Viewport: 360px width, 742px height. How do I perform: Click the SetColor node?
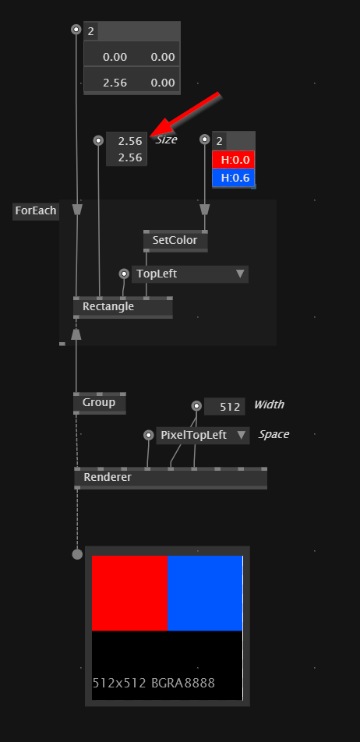(175, 241)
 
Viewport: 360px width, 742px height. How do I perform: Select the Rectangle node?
(123, 307)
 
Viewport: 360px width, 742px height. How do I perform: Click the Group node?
(99, 403)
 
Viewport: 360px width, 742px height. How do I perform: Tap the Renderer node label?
(108, 477)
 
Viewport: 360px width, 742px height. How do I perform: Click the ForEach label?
(36, 210)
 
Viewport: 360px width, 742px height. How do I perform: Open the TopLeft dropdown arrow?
(240, 274)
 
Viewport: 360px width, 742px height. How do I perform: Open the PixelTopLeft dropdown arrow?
(242, 434)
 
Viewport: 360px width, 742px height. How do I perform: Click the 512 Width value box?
(224, 407)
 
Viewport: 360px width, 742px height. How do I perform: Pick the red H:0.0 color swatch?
(234, 160)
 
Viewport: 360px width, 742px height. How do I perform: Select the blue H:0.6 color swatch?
(234, 178)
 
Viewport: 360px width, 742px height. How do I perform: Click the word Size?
(167, 140)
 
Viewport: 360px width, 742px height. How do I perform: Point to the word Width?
(269, 405)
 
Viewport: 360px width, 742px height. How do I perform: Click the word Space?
(274, 434)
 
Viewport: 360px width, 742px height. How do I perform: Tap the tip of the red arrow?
(150, 136)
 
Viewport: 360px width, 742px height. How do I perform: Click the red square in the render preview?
(129, 593)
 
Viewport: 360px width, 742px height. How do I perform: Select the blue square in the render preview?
(205, 593)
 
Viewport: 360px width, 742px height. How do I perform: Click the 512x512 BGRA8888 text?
(154, 683)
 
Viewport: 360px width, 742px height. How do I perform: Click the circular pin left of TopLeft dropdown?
(124, 274)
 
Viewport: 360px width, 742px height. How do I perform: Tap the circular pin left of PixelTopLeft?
(149, 435)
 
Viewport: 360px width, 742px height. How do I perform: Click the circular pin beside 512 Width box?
(197, 405)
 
